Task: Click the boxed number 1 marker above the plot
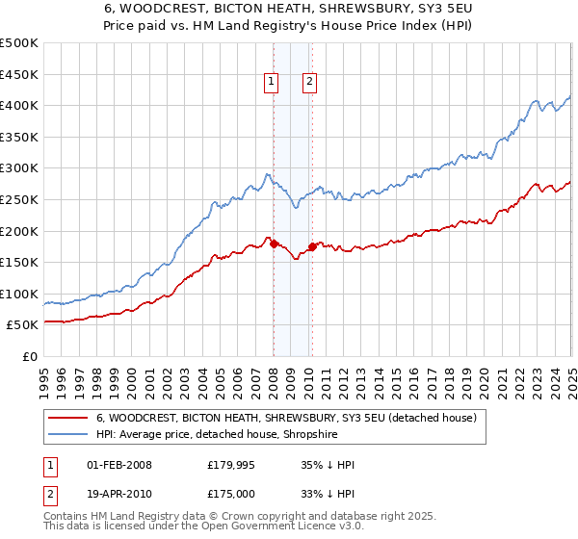(273, 82)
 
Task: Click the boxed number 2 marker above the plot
(309, 82)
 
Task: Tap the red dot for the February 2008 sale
(274, 244)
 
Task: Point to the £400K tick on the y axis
(20, 105)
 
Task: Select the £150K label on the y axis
(20, 262)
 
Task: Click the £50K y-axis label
(24, 325)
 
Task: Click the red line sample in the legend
(68, 419)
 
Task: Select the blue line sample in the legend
(68, 435)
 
